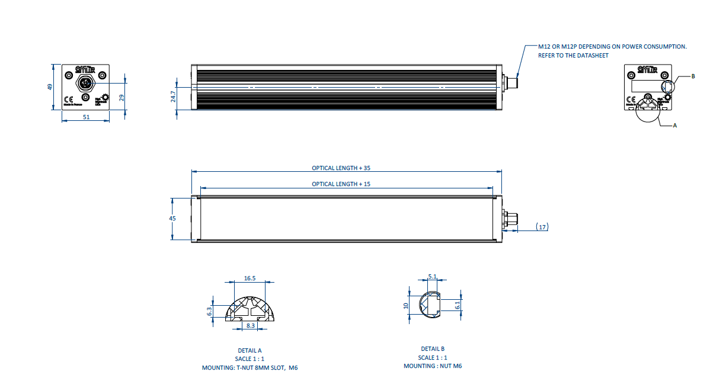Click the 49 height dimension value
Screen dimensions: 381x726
[x=50, y=87]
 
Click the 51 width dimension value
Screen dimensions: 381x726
[x=86, y=117]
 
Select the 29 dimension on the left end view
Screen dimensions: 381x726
[x=121, y=98]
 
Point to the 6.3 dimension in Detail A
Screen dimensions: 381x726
[x=209, y=310]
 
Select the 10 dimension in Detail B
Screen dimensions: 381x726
[x=405, y=306]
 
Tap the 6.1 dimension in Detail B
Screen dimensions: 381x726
[x=457, y=305]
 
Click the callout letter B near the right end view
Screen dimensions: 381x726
[x=693, y=76]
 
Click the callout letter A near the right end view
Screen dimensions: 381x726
[x=675, y=126]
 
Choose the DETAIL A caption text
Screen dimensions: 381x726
[x=249, y=351]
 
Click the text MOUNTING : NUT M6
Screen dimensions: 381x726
[x=433, y=366]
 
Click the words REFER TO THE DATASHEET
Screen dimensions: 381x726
[x=573, y=55]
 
